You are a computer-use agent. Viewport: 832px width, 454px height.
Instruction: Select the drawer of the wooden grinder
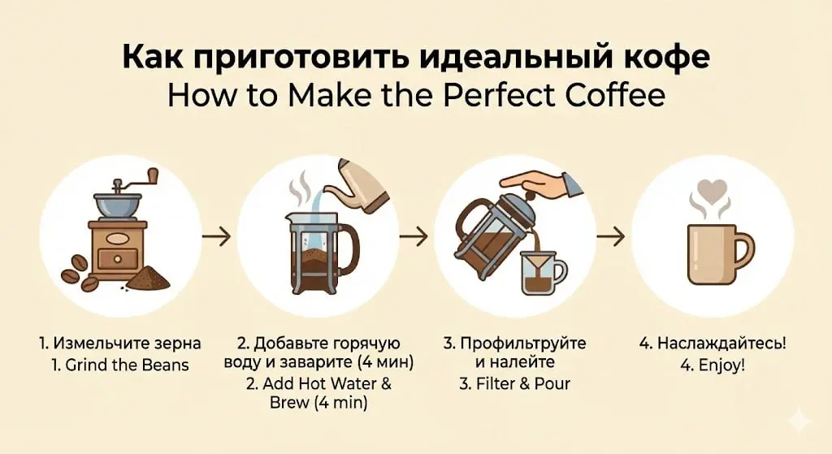click(x=118, y=259)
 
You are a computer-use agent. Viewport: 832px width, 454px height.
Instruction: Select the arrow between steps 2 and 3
click(x=414, y=236)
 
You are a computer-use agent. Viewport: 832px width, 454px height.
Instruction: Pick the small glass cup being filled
click(x=542, y=273)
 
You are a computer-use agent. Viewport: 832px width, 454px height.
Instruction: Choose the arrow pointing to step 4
click(x=611, y=236)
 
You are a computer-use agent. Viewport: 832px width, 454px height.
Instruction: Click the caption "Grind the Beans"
click(x=128, y=365)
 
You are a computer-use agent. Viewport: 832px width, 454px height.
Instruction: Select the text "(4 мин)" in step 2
click(x=385, y=362)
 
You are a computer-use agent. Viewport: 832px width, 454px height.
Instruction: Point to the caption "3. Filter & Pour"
click(x=514, y=383)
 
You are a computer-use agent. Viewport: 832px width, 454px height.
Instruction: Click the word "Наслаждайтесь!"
click(x=721, y=344)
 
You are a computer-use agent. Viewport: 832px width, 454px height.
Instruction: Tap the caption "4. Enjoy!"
click(x=713, y=365)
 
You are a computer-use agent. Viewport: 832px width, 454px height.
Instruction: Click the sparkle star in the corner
click(x=799, y=422)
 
